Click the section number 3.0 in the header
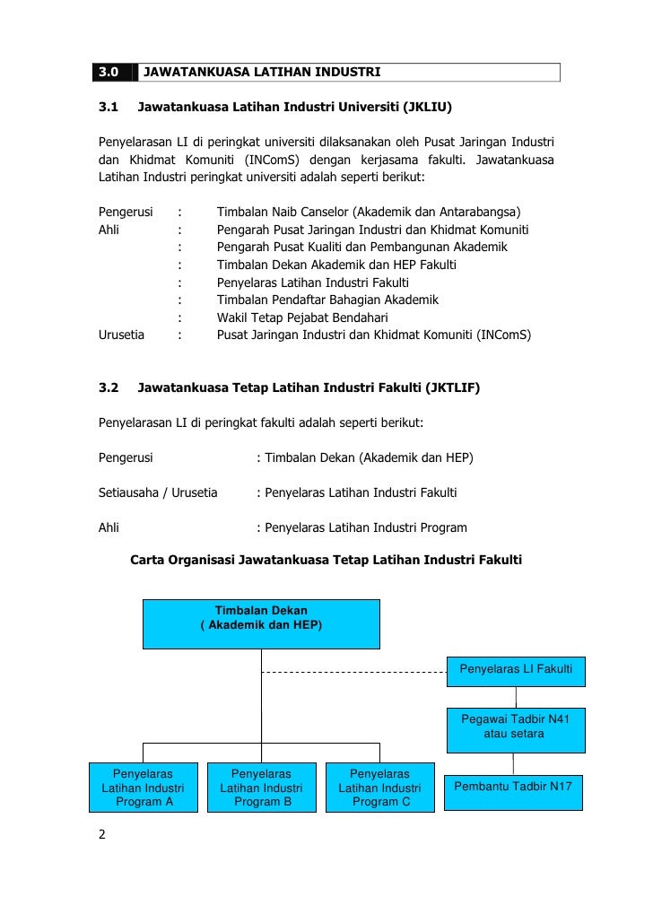click(x=109, y=71)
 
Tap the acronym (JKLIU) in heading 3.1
click(x=427, y=109)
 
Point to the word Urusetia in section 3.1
click(x=121, y=335)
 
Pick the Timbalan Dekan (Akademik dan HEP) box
click(x=261, y=623)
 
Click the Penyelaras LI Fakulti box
click(x=516, y=669)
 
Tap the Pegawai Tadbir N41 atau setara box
click(x=516, y=727)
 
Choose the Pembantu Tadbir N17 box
click(x=514, y=791)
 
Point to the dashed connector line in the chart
click(x=353, y=671)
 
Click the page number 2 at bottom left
click(x=101, y=835)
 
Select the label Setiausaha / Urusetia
click(x=157, y=492)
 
